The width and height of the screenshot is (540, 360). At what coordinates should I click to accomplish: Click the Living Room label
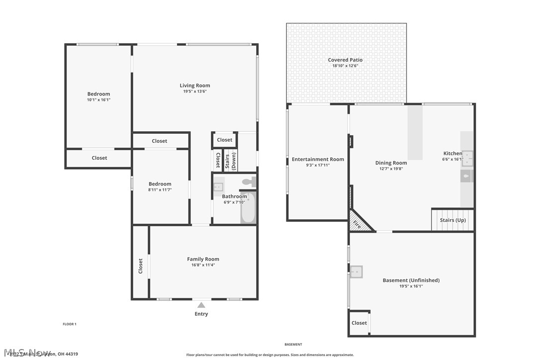(x=195, y=86)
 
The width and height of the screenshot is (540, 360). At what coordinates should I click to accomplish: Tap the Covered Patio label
(x=345, y=60)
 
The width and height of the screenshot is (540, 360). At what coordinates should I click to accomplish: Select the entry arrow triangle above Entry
(x=201, y=305)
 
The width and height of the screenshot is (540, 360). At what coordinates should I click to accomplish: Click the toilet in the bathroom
(x=249, y=182)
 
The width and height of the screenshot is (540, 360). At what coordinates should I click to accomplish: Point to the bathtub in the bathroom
(x=248, y=209)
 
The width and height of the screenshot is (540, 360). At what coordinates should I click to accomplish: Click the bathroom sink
(x=218, y=187)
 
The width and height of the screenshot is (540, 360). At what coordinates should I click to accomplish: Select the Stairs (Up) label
(x=452, y=220)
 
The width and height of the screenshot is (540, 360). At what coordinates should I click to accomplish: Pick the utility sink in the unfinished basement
(x=356, y=272)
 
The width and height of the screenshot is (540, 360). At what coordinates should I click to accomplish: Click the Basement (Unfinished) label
(x=411, y=280)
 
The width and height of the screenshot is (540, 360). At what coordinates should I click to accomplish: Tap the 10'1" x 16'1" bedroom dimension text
(x=98, y=100)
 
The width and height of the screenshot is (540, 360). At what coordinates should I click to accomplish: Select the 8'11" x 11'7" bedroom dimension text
(x=160, y=190)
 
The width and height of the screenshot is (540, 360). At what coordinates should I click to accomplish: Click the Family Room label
(x=203, y=259)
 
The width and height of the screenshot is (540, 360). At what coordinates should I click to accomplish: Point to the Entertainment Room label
(x=318, y=160)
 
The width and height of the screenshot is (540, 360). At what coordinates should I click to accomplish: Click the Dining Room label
(x=391, y=163)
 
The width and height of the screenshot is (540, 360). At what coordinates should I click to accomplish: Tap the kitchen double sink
(x=467, y=158)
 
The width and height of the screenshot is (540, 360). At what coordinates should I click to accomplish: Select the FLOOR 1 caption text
(x=69, y=324)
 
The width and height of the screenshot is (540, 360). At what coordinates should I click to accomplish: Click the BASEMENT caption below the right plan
(x=293, y=345)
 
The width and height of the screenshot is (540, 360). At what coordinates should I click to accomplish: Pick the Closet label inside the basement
(x=359, y=323)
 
